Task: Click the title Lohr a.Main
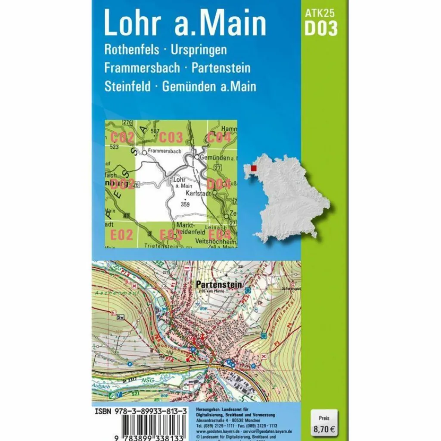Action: [185, 25]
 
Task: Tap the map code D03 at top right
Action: [320, 28]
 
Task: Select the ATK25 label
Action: [320, 13]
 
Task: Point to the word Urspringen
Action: [199, 50]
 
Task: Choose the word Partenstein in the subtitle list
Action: [221, 68]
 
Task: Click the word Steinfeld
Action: [127, 87]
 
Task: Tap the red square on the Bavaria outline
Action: [254, 168]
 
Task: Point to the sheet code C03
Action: [171, 138]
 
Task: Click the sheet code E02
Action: [121, 235]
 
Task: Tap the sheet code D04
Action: [219, 184]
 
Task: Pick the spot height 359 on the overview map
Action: [185, 204]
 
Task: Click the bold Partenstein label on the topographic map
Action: [219, 285]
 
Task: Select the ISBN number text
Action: [140, 412]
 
